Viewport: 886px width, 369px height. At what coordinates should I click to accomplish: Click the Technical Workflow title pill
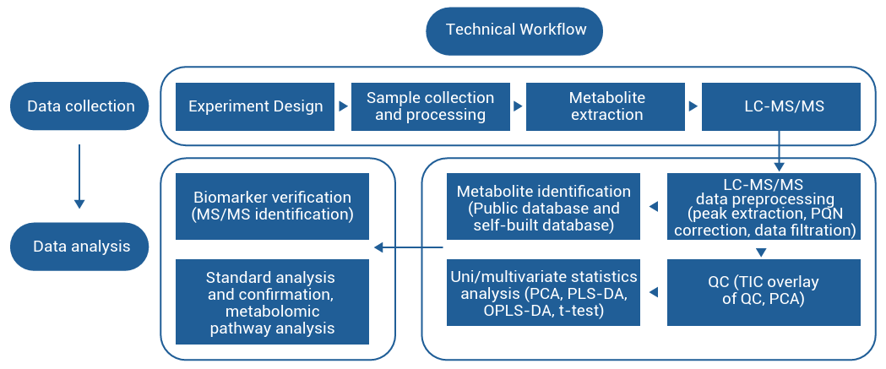click(516, 30)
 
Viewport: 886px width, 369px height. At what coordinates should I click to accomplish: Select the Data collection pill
click(80, 106)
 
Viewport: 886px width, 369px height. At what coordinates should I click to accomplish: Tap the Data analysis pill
click(80, 247)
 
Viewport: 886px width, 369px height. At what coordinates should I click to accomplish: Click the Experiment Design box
click(255, 106)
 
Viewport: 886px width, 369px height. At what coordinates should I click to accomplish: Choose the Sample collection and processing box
click(430, 106)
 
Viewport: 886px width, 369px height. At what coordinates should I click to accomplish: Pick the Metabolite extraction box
click(606, 106)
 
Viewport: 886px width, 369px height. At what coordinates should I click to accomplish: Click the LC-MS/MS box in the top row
click(780, 106)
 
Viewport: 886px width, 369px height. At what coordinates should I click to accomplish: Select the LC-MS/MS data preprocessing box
click(764, 207)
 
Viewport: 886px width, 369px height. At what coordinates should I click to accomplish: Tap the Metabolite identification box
click(543, 207)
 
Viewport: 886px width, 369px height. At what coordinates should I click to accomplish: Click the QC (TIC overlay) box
click(764, 292)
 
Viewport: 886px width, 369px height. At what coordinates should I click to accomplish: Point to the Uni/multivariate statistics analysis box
click(543, 292)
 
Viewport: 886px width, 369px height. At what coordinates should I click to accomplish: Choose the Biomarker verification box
click(272, 206)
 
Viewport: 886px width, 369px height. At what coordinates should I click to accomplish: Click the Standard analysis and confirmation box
click(272, 301)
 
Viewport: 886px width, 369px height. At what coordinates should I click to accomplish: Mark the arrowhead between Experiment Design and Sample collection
click(343, 107)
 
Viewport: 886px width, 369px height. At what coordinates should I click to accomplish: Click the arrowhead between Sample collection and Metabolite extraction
click(519, 107)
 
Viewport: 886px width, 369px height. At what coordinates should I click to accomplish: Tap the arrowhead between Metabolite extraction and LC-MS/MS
click(693, 107)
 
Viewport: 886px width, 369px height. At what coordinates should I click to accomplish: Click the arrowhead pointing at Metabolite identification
click(653, 207)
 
